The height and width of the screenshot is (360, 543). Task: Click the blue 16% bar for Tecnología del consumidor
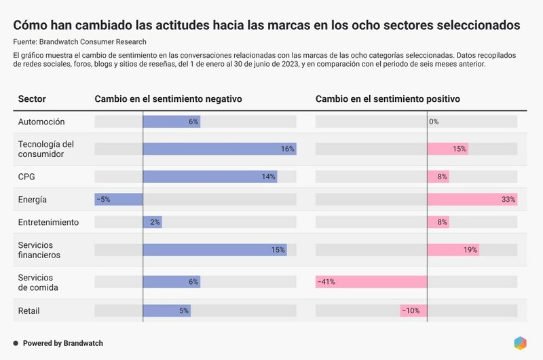click(x=219, y=149)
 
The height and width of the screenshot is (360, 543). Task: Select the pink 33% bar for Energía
click(x=472, y=200)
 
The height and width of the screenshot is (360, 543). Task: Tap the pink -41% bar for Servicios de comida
click(x=371, y=282)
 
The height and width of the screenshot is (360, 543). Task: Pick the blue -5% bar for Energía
click(x=119, y=200)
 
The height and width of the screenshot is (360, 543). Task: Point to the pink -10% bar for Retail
click(x=413, y=311)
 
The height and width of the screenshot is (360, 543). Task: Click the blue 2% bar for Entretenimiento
click(x=152, y=222)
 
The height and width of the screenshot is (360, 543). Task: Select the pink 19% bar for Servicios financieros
click(x=453, y=249)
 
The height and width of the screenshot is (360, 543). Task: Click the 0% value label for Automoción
click(x=434, y=122)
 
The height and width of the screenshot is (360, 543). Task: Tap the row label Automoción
click(x=41, y=122)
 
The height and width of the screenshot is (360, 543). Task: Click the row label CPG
click(x=26, y=177)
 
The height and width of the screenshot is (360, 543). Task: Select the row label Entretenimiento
click(x=48, y=222)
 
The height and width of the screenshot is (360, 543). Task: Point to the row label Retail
click(x=29, y=311)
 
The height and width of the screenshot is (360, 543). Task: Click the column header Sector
click(x=32, y=99)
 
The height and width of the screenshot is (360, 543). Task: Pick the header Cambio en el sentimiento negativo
click(x=168, y=99)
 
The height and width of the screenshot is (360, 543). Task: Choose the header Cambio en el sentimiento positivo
click(x=388, y=99)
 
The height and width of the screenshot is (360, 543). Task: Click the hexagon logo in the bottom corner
click(x=520, y=343)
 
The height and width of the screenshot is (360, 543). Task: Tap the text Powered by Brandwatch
click(x=63, y=344)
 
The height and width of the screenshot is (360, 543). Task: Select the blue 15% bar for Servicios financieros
click(x=214, y=249)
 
